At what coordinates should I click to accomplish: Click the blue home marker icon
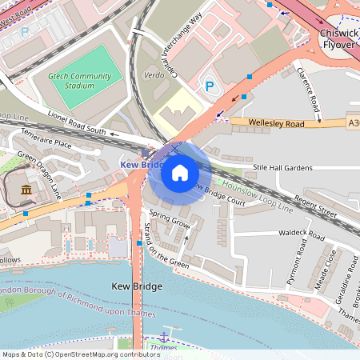tap(180, 172)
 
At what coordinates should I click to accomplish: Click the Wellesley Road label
tap(277, 124)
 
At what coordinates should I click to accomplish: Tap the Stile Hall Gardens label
tap(282, 168)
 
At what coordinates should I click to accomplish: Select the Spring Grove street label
tap(169, 219)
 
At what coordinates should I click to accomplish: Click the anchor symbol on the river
tap(165, 335)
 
